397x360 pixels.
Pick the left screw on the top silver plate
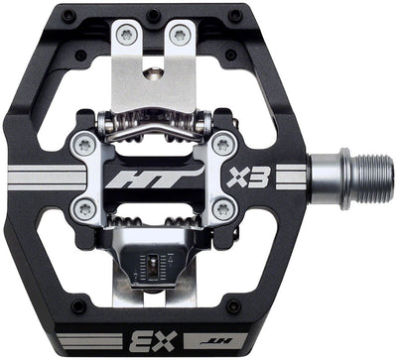(x=125, y=36)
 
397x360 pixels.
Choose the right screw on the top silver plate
(x=180, y=35)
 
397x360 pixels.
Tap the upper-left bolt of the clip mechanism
(x=82, y=146)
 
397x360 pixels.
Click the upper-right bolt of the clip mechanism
(x=223, y=145)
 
